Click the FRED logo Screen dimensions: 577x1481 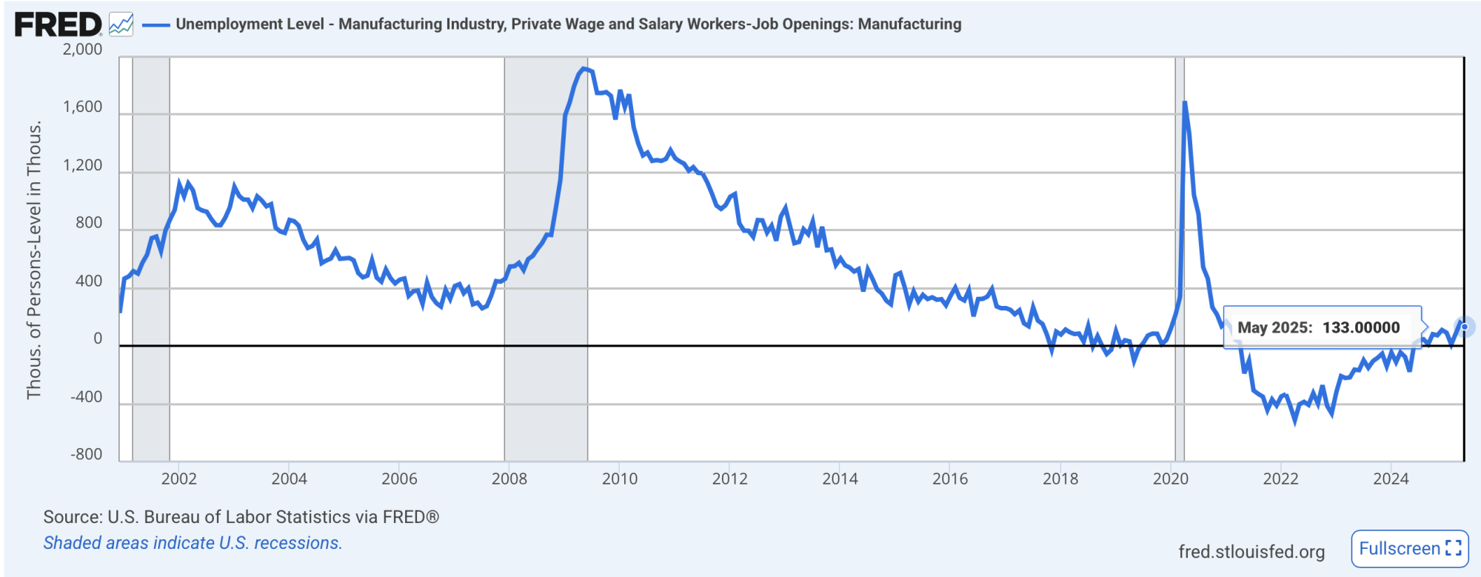58,24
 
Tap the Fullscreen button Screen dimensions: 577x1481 1408,549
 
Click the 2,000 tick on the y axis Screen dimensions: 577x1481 83,50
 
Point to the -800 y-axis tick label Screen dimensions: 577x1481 87,454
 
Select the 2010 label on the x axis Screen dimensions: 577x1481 619,478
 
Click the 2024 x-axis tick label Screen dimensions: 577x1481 1391,478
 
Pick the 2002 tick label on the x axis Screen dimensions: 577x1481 179,478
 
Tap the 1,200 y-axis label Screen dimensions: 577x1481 83,165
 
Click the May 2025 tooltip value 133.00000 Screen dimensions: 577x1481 1361,327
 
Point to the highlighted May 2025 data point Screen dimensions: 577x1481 1464,327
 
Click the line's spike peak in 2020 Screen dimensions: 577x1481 1185,102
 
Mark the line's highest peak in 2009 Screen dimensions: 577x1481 584,69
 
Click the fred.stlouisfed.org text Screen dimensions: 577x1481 1251,552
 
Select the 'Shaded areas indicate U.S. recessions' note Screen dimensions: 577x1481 193,543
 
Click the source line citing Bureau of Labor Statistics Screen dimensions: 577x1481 241,517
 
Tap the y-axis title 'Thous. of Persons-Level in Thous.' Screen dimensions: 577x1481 34,261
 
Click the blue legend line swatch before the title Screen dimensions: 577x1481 156,24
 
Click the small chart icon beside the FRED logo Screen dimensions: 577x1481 121,24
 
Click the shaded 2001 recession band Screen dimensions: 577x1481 151,259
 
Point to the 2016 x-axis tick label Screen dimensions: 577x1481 950,478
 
